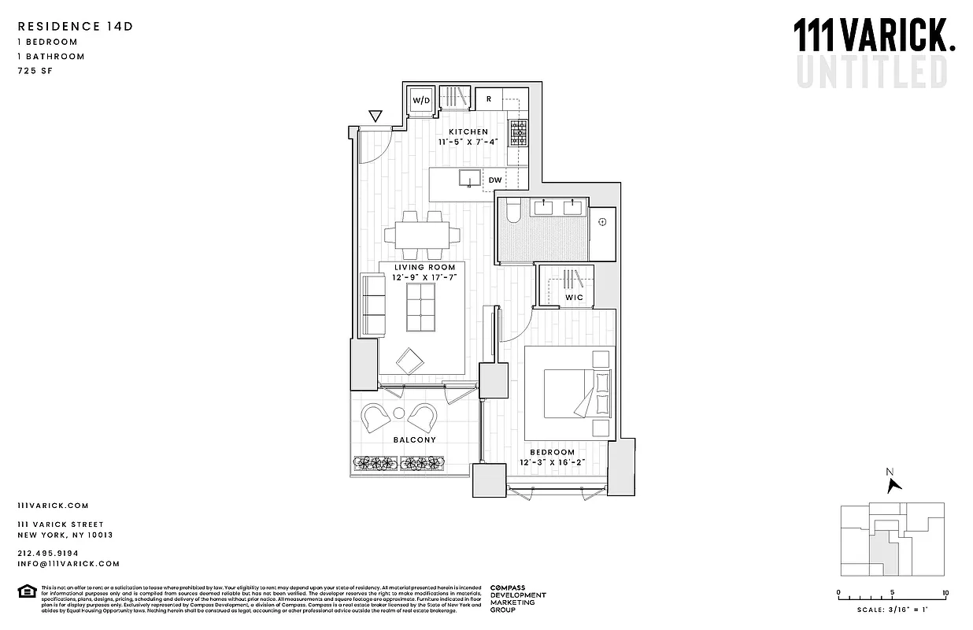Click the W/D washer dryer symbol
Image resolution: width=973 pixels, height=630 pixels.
[x=422, y=101]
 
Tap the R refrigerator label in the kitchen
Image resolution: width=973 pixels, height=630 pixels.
[x=489, y=99]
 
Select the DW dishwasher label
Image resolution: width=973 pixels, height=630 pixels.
[x=494, y=180]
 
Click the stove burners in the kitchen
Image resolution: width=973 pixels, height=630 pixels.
[x=518, y=133]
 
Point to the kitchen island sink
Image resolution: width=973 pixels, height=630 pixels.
[x=470, y=179]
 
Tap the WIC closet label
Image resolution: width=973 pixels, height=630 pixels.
[x=574, y=298]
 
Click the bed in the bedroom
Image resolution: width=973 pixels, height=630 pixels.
[x=568, y=393]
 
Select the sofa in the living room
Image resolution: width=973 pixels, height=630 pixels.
[x=372, y=305]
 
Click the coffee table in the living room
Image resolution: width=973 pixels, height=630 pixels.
[x=421, y=307]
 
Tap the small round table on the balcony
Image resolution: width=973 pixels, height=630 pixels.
[x=398, y=413]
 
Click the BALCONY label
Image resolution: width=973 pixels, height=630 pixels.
[x=414, y=440]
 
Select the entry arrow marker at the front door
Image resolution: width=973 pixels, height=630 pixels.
[x=375, y=117]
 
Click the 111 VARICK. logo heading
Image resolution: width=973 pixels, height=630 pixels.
[x=874, y=36]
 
